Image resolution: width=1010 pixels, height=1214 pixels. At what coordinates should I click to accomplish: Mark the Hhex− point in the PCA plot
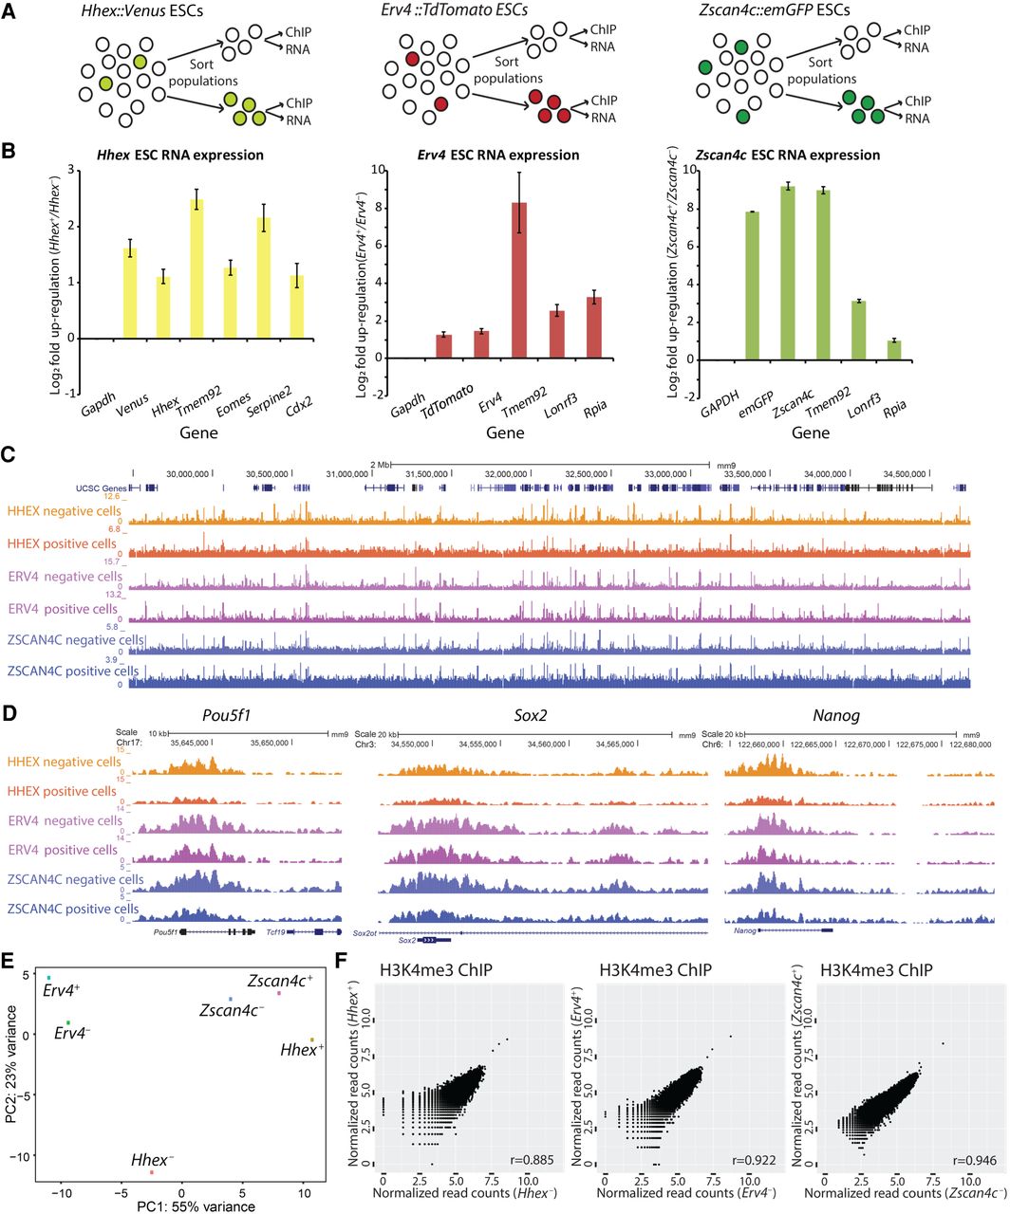[152, 1173]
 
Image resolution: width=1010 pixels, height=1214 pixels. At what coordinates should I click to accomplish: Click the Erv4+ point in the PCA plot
[48, 977]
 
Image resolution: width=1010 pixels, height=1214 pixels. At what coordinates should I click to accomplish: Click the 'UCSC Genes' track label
[102, 487]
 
